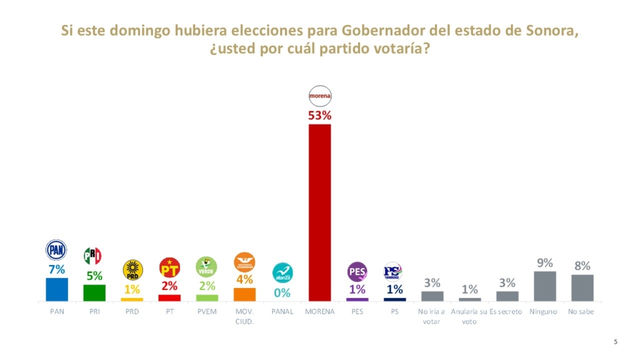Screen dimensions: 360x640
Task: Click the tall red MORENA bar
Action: point(320,212)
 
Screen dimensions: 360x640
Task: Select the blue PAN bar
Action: point(57,289)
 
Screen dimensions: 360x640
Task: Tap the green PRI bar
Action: point(94,292)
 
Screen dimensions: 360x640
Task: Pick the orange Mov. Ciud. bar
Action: point(244,294)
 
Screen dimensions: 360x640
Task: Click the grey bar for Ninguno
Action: point(545,286)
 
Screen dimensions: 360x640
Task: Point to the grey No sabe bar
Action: point(582,287)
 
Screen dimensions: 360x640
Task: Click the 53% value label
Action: point(319,116)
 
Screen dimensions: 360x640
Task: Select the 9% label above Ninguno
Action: point(545,264)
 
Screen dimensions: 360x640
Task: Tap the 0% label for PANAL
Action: point(282,292)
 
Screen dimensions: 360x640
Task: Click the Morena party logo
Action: point(320,96)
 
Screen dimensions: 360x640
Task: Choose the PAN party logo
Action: point(56,250)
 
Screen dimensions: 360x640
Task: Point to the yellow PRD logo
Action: point(132,269)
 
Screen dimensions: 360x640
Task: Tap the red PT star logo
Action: point(169,267)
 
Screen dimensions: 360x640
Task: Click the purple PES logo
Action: point(357,272)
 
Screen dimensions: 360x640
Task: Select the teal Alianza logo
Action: point(282,272)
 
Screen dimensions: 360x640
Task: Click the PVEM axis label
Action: point(207,311)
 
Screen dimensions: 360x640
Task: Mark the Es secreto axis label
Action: point(506,311)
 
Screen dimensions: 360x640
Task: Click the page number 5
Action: point(616,341)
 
